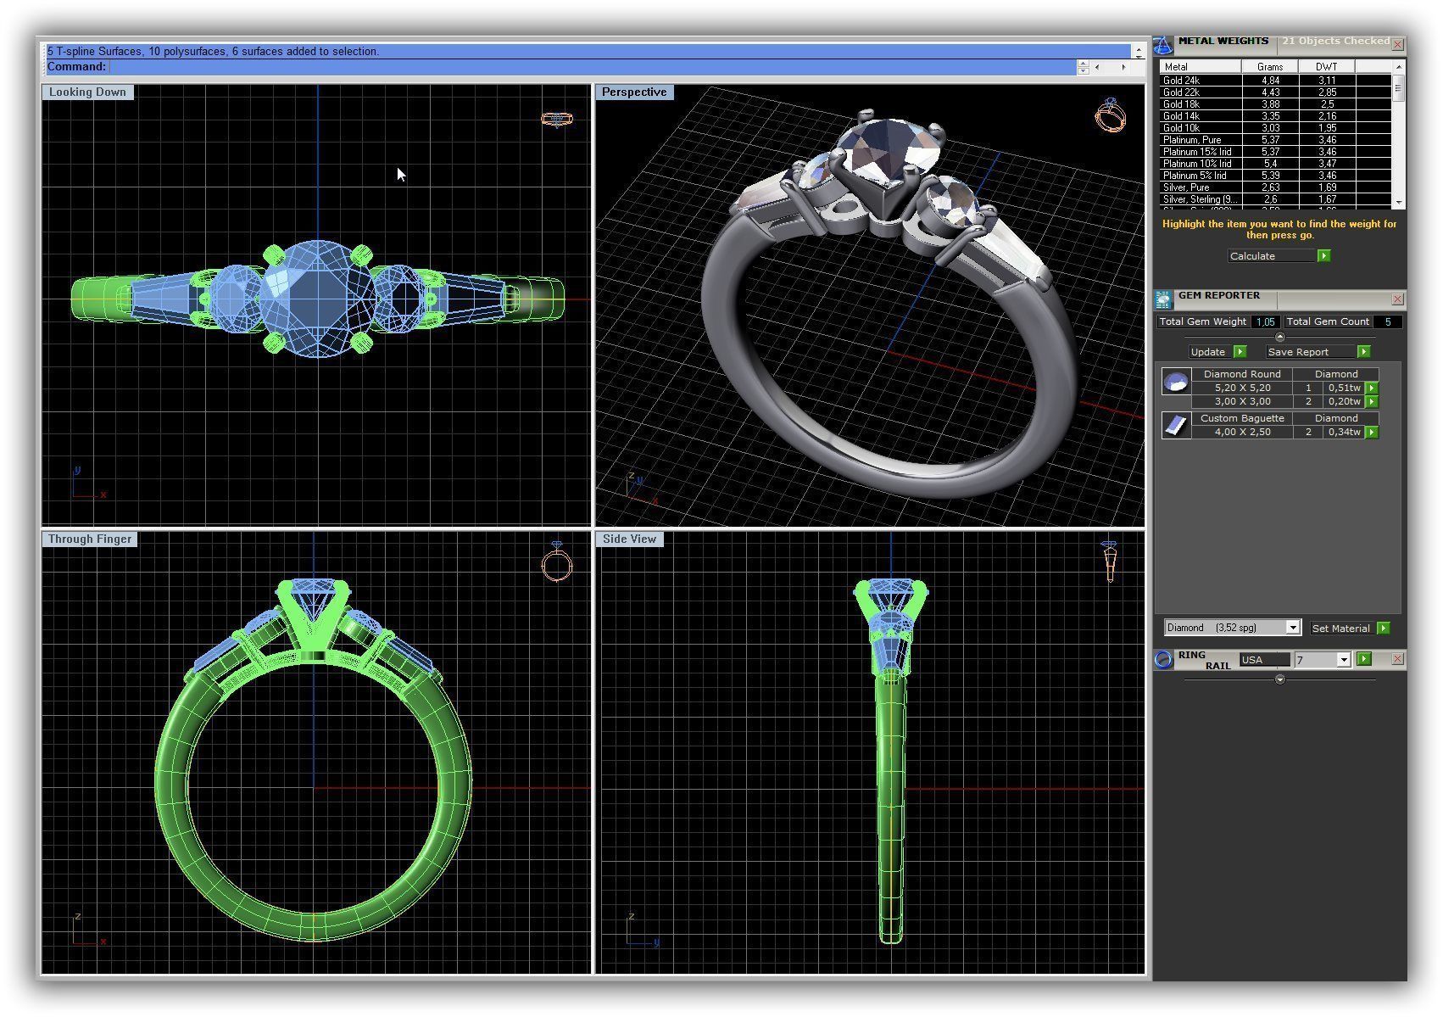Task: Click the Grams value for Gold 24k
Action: pyautogui.click(x=1269, y=81)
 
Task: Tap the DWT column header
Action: pyautogui.click(x=1326, y=67)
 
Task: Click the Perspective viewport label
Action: pyautogui.click(x=634, y=92)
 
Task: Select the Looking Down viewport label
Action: pyautogui.click(x=87, y=92)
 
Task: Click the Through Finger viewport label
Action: pyautogui.click(x=90, y=539)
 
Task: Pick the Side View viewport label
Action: pyautogui.click(x=629, y=539)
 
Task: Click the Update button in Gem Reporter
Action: pyautogui.click(x=1208, y=352)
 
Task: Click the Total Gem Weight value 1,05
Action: pyautogui.click(x=1265, y=322)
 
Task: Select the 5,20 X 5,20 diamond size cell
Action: pyautogui.click(x=1242, y=388)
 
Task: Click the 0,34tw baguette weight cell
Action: pyautogui.click(x=1344, y=432)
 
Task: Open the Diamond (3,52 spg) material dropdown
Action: pyautogui.click(x=1292, y=629)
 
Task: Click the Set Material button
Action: pyautogui.click(x=1340, y=629)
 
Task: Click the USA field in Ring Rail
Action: pyautogui.click(x=1263, y=660)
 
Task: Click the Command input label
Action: pyautogui.click(x=77, y=67)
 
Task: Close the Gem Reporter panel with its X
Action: pyautogui.click(x=1397, y=299)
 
